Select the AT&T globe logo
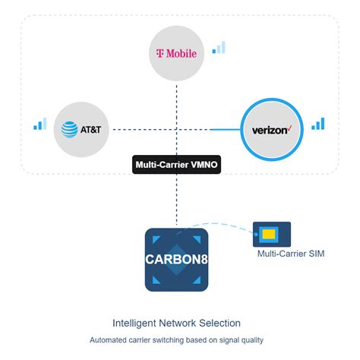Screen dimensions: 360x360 pos(71,130)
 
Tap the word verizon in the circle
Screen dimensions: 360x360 pos(270,131)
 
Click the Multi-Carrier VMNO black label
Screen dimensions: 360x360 pos(176,164)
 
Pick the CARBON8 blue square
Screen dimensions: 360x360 pos(176,259)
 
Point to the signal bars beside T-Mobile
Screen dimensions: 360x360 pos(219,48)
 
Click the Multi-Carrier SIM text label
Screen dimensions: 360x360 pos(290,254)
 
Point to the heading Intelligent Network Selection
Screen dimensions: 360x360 pos(176,323)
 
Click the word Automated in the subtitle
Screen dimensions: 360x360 pos(109,339)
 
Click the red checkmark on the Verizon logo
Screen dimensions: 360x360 pos(289,127)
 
